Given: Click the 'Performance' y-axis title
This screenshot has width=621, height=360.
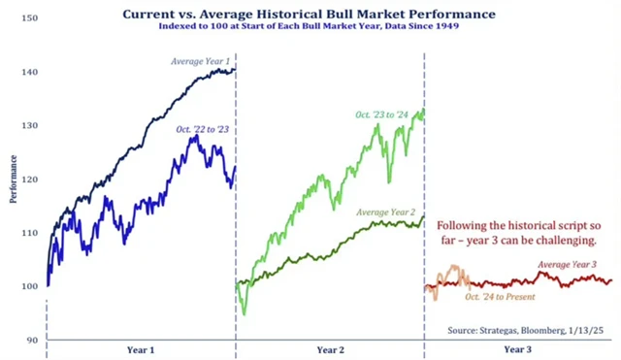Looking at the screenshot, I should coord(13,179).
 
